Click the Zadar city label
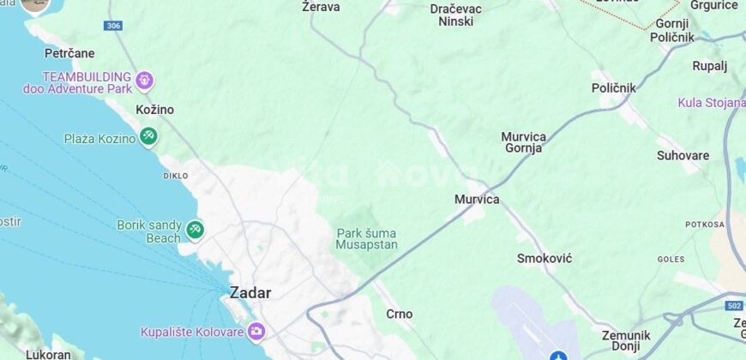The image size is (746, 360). point(250,292)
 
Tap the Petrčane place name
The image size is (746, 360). point(69,53)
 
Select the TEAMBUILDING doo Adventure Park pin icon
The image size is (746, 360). point(144,81)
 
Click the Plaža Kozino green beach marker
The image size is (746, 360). point(148,135)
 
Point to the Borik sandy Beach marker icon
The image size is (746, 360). point(195,230)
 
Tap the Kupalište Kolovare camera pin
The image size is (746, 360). point(256,331)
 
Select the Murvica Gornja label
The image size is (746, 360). point(523,142)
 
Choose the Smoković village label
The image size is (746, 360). point(544,258)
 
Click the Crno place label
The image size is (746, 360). point(400,314)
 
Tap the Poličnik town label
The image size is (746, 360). point(614,87)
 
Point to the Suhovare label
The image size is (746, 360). point(683,156)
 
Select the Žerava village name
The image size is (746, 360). point(322,7)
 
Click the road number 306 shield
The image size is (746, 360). point(113,27)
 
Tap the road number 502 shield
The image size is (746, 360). point(733,306)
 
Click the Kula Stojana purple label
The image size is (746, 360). point(711,103)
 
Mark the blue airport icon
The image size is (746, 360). point(558,356)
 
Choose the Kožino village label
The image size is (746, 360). point(155,110)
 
